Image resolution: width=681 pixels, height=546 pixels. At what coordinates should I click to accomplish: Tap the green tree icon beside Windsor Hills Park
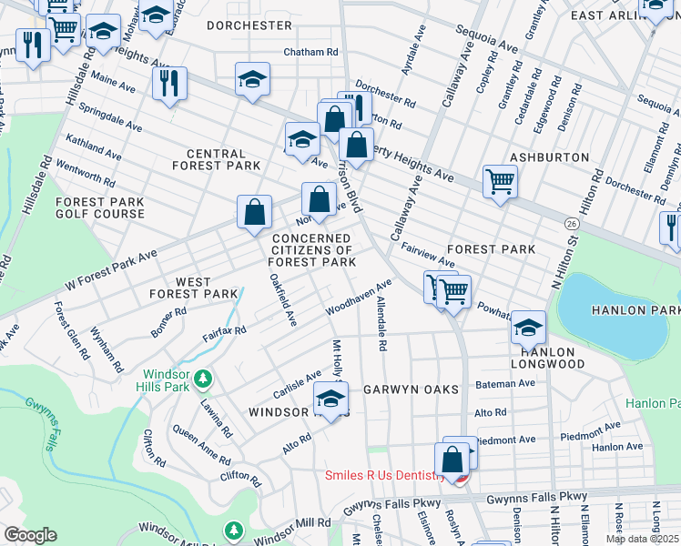coord(206,377)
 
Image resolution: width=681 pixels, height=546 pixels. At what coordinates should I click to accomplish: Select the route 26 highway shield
coord(571,223)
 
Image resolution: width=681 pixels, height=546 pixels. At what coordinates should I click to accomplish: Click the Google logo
coord(30,535)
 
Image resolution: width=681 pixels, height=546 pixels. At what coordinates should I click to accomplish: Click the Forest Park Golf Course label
coord(100,207)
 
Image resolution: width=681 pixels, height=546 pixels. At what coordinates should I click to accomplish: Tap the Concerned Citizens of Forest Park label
coord(312,250)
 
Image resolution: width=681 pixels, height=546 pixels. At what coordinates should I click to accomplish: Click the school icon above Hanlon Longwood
coord(528,325)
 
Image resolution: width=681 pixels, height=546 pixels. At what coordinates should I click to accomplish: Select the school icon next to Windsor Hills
coord(331,397)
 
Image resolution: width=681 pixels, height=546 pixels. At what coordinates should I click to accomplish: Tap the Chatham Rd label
coord(310,52)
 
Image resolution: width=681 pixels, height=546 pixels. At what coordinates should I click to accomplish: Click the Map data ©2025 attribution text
coord(643,539)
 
